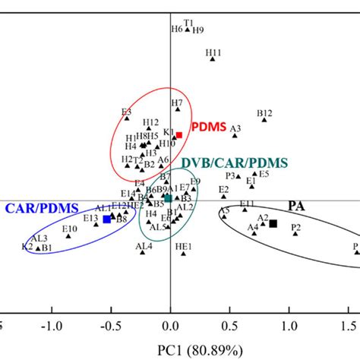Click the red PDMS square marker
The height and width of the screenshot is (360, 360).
179,135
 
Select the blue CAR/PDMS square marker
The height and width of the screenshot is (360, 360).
106,219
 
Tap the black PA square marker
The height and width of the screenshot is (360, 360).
273,223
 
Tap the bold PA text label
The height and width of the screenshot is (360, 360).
297,206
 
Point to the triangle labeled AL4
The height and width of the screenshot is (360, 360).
141,254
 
